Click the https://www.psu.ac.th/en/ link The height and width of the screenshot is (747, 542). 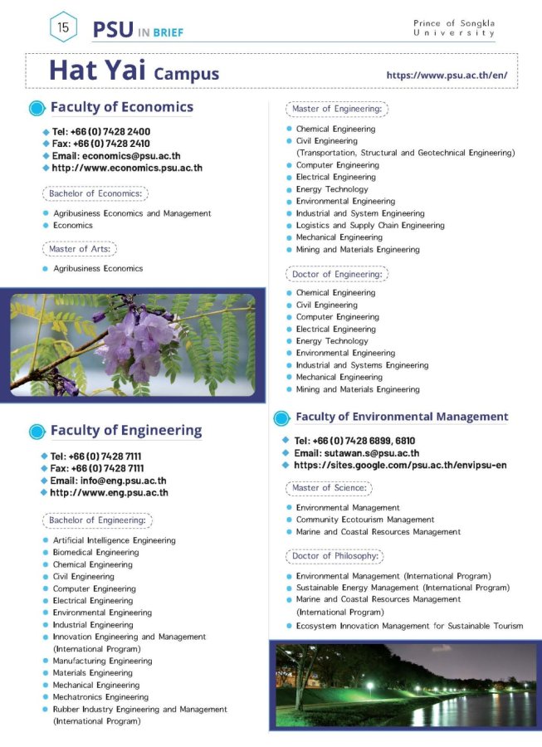(447, 75)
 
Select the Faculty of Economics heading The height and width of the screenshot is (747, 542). (121, 107)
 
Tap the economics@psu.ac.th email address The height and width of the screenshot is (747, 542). (116, 155)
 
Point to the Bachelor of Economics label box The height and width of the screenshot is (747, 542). (95, 193)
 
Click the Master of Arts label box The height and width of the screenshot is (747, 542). (80, 248)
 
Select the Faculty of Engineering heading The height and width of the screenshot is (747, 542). (125, 430)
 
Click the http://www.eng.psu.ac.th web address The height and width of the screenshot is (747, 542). (109, 492)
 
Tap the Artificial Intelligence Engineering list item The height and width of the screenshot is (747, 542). (114, 540)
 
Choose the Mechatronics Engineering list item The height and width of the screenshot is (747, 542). (100, 697)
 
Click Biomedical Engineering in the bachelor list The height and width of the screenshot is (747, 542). (95, 552)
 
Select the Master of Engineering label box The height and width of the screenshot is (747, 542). (337, 109)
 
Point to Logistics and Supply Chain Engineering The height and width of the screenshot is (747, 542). (370, 225)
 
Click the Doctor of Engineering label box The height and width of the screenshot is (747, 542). (337, 274)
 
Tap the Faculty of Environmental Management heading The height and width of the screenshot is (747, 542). (402, 417)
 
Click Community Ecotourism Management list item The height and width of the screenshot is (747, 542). (365, 520)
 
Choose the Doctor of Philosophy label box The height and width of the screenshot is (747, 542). (335, 556)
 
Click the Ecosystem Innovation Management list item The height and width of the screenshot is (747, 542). (409, 626)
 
